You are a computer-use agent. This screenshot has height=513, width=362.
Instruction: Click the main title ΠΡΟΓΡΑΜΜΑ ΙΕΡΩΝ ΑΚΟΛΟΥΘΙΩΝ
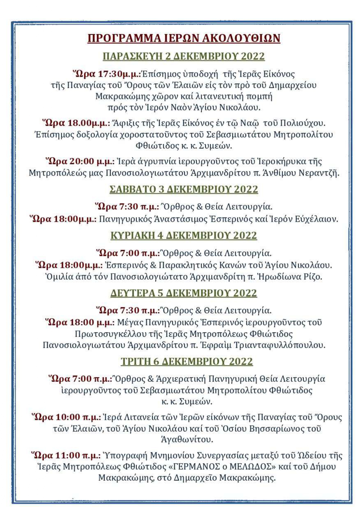(x=184, y=38)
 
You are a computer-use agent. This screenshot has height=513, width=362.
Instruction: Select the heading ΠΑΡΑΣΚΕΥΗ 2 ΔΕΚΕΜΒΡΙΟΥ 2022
(x=184, y=56)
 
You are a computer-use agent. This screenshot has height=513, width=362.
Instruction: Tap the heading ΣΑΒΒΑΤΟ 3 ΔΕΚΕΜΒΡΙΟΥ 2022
(x=184, y=189)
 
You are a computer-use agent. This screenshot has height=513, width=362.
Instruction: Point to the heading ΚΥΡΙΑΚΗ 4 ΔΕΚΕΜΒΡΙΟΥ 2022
(x=184, y=235)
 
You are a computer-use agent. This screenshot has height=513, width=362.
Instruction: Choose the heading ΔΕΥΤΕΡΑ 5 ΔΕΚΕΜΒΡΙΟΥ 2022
(x=184, y=293)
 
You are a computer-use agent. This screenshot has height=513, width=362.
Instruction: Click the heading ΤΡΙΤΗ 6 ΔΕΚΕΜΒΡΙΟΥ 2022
(x=187, y=361)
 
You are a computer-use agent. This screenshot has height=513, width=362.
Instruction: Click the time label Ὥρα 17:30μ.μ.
(x=107, y=74)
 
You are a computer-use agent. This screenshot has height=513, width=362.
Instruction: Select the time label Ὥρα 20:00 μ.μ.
(x=80, y=161)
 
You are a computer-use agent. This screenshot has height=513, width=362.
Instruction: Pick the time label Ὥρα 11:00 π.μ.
(x=66, y=455)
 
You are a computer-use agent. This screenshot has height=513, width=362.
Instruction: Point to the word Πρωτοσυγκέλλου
(x=111, y=334)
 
